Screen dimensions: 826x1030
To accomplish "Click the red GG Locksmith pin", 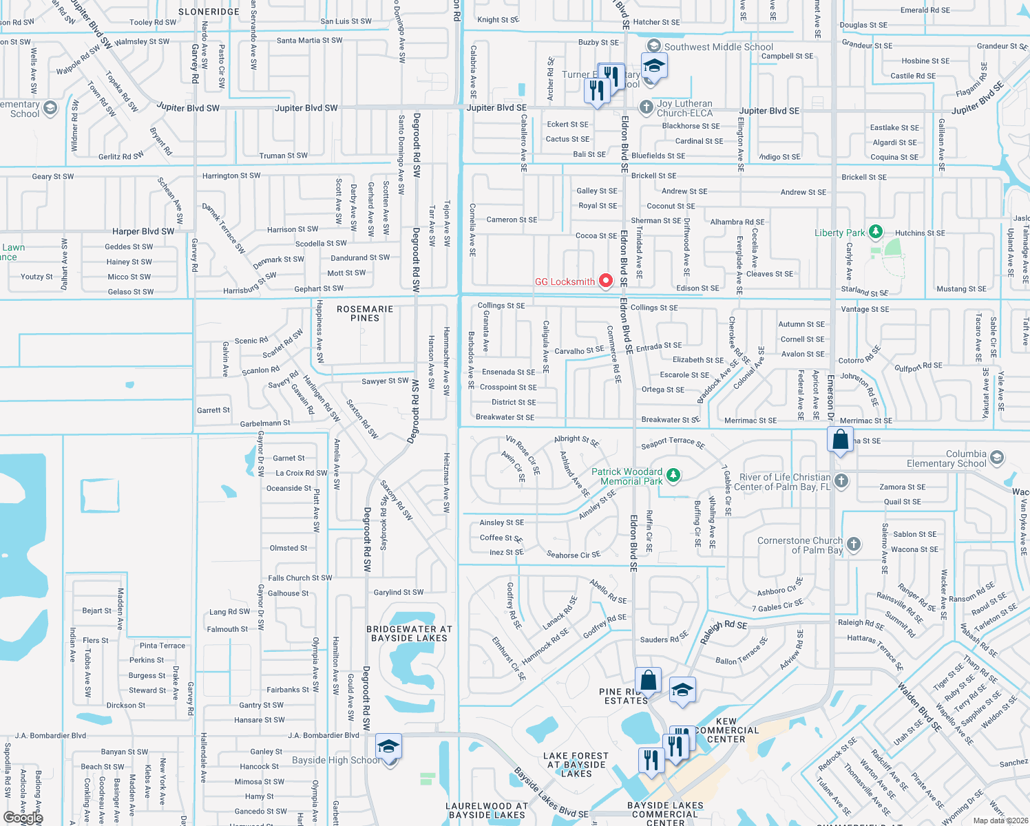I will coord(606,281).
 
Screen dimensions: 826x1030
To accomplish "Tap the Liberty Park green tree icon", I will coord(875,232).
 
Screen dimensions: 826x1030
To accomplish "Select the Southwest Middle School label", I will coord(718,47).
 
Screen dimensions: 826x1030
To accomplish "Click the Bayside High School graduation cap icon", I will coord(388,747).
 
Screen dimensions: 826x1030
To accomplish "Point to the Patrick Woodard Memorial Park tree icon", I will coord(673,475).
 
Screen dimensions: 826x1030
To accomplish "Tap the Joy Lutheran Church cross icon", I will coord(646,107).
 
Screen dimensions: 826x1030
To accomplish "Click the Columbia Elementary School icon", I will coord(996,458).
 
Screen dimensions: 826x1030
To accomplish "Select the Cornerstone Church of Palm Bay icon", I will coord(854,544).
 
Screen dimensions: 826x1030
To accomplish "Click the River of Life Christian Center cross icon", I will coord(841,480).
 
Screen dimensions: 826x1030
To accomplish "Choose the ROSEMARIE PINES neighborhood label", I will coord(365,314).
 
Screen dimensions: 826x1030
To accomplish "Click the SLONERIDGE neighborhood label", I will coord(209,12).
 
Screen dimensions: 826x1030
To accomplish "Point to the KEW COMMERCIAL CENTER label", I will coord(726,730).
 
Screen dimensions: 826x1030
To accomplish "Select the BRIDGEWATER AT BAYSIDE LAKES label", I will coord(410,634).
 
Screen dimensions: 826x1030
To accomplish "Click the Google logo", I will coord(23,817).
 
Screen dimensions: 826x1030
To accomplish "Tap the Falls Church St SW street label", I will coord(299,578).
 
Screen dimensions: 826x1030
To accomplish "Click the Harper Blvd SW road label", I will coord(143,232).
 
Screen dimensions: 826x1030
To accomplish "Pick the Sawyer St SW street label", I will coord(385,381).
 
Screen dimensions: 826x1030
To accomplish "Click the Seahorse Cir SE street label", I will coord(573,555).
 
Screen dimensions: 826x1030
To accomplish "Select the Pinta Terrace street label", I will coord(162,646).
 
